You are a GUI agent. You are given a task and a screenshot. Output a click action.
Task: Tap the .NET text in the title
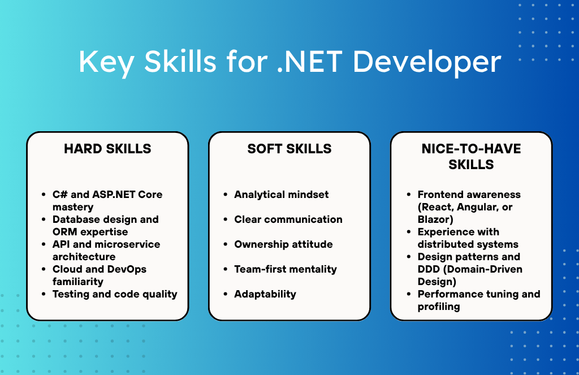tap(311, 62)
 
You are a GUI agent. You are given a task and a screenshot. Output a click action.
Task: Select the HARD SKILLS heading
tap(107, 149)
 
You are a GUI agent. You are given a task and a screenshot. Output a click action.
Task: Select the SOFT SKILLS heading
tap(289, 149)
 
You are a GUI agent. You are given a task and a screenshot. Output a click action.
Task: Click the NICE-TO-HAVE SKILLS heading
tap(471, 157)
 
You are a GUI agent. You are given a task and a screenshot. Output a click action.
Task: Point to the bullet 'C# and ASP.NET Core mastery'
tap(107, 200)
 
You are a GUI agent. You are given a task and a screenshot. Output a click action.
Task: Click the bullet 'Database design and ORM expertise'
tap(105, 225)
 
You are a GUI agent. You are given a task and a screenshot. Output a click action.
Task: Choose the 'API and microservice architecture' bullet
tap(106, 250)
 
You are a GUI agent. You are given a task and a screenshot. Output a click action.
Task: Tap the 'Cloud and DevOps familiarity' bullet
tap(100, 275)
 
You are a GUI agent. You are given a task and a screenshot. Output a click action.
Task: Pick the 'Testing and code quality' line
tap(115, 294)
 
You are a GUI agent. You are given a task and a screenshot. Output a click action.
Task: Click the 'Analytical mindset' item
tap(281, 195)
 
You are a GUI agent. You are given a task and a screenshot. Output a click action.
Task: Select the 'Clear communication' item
tap(288, 219)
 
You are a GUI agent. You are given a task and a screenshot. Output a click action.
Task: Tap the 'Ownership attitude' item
tap(283, 244)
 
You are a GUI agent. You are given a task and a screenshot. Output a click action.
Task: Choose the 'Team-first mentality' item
tap(286, 269)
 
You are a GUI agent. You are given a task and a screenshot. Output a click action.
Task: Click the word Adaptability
tap(265, 294)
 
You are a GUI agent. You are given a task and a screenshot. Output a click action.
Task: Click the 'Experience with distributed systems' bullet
tap(468, 238)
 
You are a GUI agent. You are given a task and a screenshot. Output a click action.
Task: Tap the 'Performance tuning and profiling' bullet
tap(478, 300)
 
